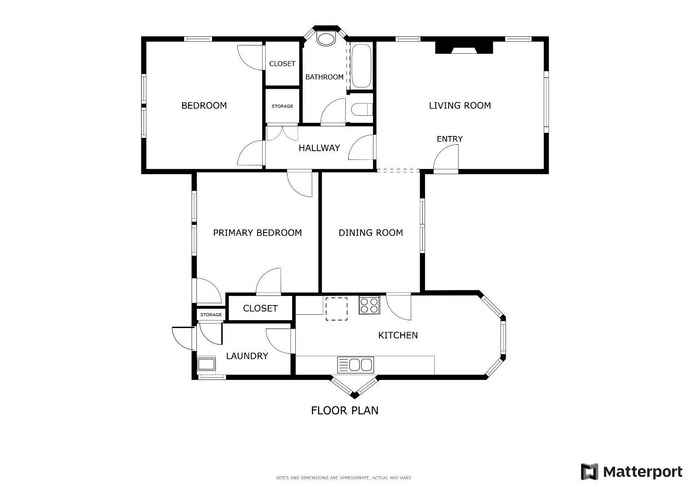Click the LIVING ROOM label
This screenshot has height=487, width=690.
[460, 106]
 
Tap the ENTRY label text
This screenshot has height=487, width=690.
[450, 139]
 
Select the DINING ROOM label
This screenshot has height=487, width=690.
[371, 232]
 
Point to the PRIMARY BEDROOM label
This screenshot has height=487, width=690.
[258, 232]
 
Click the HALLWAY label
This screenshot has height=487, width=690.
[319, 148]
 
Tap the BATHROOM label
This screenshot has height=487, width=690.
[324, 77]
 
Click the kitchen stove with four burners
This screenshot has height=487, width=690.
[369, 305]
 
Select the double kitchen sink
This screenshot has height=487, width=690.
[356, 365]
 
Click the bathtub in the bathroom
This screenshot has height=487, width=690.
[361, 66]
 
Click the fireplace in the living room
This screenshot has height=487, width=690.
[464, 47]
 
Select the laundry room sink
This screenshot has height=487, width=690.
[207, 364]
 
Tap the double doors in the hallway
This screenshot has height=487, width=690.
[282, 133]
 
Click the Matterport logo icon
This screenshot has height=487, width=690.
[590, 472]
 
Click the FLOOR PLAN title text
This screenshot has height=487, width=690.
[345, 410]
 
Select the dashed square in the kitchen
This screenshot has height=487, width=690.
[336, 309]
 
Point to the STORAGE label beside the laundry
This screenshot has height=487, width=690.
[211, 315]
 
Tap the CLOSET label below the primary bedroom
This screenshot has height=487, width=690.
[260, 308]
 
